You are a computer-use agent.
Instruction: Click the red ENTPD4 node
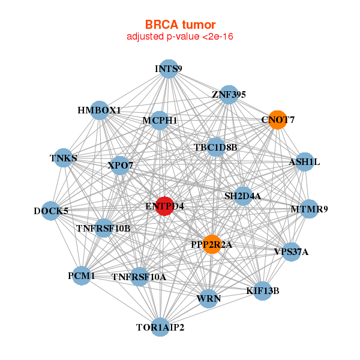164,206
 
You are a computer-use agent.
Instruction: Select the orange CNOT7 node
277,119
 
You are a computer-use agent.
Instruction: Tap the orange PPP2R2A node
211,244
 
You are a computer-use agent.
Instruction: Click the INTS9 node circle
169,68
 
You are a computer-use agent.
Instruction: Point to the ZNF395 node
229,95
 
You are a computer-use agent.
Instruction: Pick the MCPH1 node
159,121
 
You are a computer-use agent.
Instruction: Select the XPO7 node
121,165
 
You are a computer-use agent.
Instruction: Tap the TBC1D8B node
216,147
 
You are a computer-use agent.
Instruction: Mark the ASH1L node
305,162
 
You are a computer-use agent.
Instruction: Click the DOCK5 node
52,211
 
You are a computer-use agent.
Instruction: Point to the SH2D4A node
242,196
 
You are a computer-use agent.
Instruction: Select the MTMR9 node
309,209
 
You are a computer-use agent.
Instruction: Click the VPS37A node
291,251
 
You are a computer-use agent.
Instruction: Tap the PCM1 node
82,276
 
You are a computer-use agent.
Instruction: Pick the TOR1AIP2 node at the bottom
160,327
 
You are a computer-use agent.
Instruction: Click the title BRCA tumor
180,25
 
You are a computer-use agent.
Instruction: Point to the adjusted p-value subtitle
180,37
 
